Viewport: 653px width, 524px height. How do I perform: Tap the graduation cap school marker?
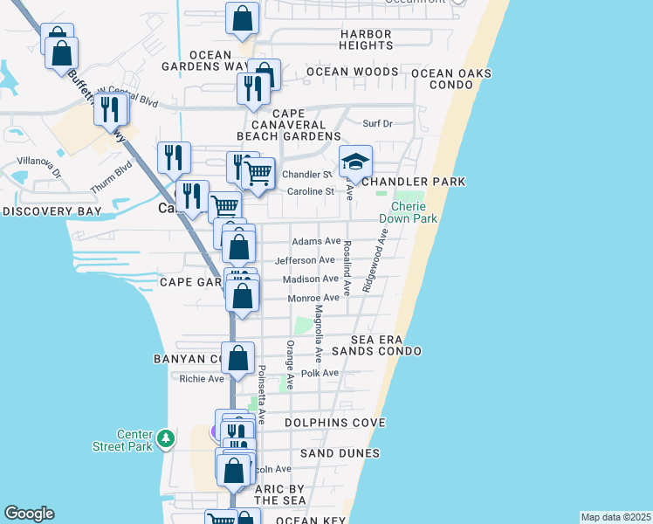pyautogui.click(x=355, y=162)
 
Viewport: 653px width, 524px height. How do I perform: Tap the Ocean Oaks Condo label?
pyautogui.click(x=451, y=79)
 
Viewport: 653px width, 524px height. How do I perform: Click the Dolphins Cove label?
pyautogui.click(x=335, y=423)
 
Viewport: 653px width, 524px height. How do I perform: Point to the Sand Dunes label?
pyautogui.click(x=340, y=453)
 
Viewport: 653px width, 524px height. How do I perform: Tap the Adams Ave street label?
pyautogui.click(x=316, y=241)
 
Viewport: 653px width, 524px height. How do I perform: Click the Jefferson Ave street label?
pyautogui.click(x=305, y=260)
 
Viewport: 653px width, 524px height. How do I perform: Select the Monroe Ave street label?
pyautogui.click(x=313, y=298)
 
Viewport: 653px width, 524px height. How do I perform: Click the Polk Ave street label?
pyautogui.click(x=319, y=373)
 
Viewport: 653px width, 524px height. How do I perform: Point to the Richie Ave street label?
pyautogui.click(x=202, y=378)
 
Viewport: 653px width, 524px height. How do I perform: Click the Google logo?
pyautogui.click(x=29, y=514)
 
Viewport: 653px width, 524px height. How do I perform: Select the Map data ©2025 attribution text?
pyautogui.click(x=615, y=517)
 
